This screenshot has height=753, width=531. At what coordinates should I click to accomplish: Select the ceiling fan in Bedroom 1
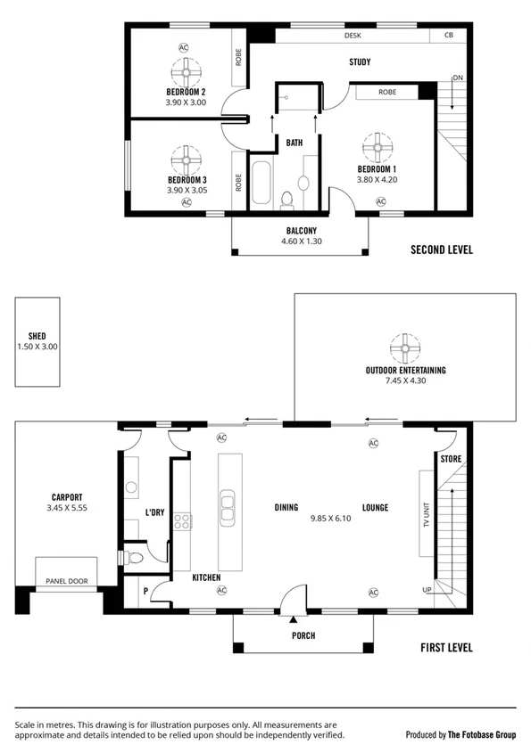coord(379,146)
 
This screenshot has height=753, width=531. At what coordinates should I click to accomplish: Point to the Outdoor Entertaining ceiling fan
coord(405,346)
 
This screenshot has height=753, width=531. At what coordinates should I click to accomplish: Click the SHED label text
coord(37,336)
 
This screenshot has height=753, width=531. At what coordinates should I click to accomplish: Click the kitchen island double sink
coord(227,507)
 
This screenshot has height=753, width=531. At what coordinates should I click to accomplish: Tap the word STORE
coord(450,459)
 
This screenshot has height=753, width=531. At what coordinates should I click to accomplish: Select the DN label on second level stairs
coord(457,78)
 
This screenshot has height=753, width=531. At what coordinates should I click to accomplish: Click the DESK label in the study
coord(353,37)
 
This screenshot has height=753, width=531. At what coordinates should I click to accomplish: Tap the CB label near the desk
coord(447,37)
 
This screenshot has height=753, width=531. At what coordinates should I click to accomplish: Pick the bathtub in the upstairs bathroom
coord(261,184)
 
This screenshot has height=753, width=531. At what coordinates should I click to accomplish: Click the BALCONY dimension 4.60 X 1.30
coord(299,241)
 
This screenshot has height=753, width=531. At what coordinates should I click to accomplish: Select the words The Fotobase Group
coord(483,735)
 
